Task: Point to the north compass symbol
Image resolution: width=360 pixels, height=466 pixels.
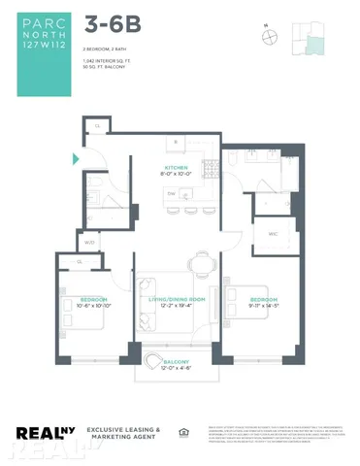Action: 269,37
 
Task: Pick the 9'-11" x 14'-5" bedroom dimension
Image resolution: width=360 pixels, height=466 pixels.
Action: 265,305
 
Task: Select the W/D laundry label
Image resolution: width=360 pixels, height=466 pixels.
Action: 89,242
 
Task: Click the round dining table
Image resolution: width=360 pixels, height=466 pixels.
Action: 202,263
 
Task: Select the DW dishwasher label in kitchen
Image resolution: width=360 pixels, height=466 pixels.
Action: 172,193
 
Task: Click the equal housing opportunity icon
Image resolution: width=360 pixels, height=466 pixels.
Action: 182,431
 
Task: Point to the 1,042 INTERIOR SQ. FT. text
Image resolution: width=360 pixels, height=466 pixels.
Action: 110,60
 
